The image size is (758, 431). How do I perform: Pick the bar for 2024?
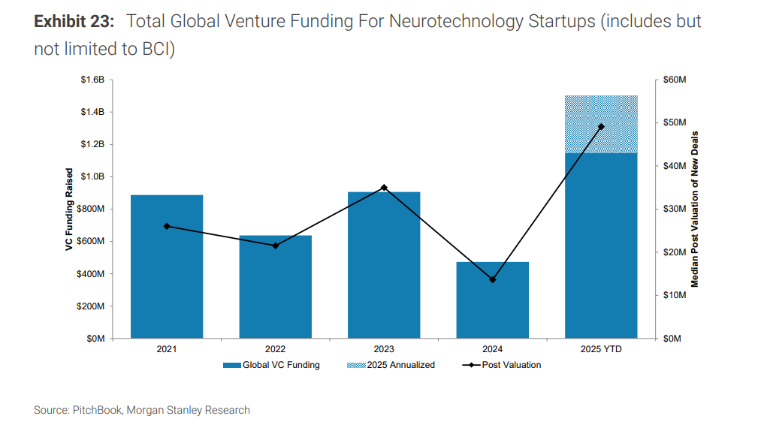click(493, 300)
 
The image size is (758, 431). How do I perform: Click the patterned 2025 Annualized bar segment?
click(601, 125)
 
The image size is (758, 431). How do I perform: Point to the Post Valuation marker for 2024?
click(493, 279)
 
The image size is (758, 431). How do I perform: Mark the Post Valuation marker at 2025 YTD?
click(601, 127)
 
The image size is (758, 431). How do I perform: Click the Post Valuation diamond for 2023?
click(384, 187)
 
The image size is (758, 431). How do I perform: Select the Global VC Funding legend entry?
click(271, 365)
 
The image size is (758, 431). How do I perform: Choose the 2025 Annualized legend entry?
click(391, 365)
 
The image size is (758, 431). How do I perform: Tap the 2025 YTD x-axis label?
click(601, 349)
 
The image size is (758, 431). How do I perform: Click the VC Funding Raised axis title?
click(68, 209)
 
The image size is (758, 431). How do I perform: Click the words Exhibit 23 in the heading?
click(74, 21)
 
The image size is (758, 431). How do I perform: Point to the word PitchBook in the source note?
click(97, 410)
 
